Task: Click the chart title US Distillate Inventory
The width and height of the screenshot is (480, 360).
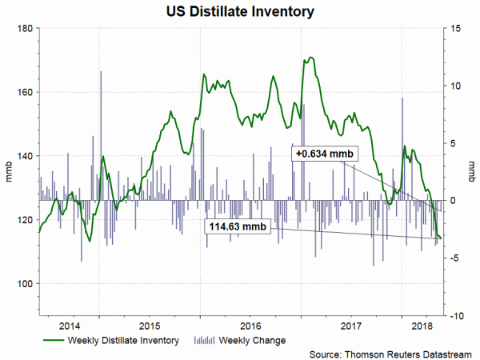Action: [x=240, y=12]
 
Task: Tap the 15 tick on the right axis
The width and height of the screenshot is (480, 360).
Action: [x=453, y=29]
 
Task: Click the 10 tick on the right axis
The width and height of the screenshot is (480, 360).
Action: [x=453, y=86]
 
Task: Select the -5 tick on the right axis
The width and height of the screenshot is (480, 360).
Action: [x=453, y=258]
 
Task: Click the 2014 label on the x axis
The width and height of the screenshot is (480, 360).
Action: [x=70, y=326]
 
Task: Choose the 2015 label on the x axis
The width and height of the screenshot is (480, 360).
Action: [x=151, y=326]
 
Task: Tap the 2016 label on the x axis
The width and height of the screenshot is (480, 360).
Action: [x=251, y=326]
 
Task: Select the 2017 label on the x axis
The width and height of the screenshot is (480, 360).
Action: [x=352, y=326]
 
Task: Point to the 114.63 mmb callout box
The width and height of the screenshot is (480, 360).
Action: [x=238, y=227]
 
